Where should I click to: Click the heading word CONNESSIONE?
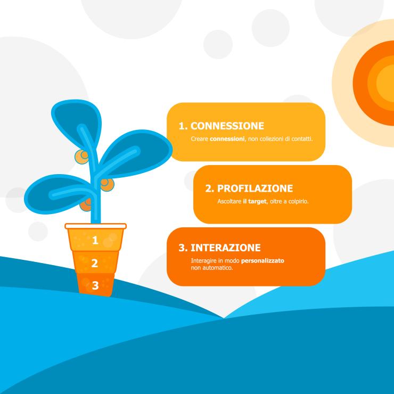227,126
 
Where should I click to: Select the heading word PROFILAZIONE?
255,188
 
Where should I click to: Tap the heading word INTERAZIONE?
225,248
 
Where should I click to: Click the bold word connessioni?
227,139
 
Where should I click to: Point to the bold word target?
257,201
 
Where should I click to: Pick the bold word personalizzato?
262,260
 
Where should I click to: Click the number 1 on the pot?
95,240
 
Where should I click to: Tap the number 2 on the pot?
94,263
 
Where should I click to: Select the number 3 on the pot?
95,285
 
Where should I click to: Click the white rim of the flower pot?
95,226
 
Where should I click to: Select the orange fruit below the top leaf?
81,157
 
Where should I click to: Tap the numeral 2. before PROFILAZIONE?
210,188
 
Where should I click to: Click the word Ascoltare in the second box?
229,201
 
